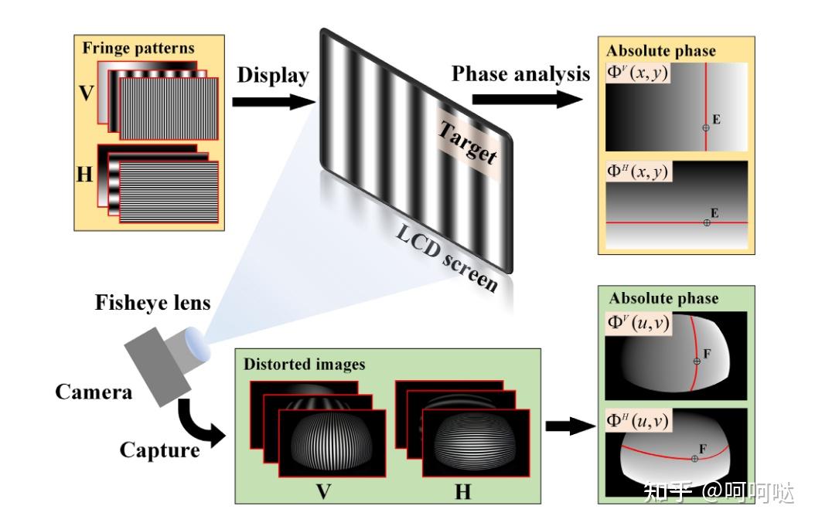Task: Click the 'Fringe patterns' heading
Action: tap(138, 48)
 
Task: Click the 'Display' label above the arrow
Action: tap(273, 76)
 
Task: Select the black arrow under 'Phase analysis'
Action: tap(527, 100)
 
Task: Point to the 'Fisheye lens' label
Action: tap(152, 303)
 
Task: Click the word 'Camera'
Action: tap(94, 392)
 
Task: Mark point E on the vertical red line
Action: tap(705, 127)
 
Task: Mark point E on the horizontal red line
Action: tap(707, 222)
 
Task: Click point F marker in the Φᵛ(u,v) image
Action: tap(696, 361)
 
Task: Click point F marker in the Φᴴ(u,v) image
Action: tap(694, 459)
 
